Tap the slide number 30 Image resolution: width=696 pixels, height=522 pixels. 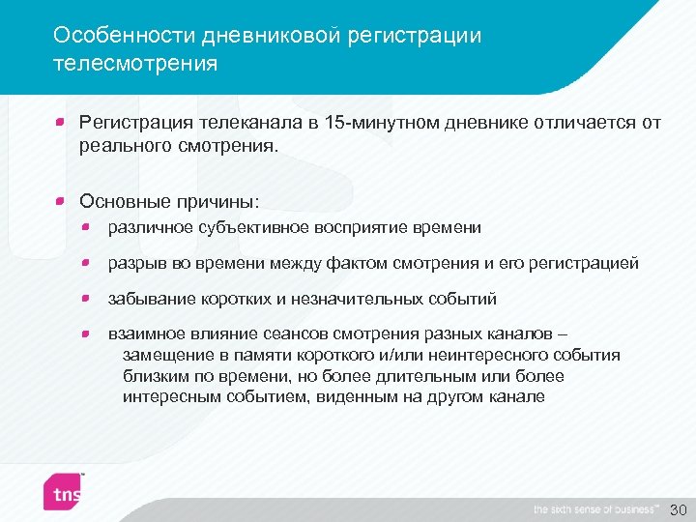click(x=678, y=508)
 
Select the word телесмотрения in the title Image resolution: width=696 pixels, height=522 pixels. click(x=135, y=64)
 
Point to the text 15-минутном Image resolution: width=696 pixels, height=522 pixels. click(x=401, y=123)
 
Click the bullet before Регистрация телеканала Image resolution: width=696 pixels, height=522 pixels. click(x=60, y=123)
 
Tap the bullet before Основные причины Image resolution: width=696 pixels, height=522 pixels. click(x=60, y=201)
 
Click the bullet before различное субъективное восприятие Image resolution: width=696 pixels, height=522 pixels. click(x=87, y=227)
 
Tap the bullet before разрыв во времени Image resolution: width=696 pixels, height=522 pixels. click(x=87, y=263)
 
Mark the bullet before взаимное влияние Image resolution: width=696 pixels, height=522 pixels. click(x=87, y=333)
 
